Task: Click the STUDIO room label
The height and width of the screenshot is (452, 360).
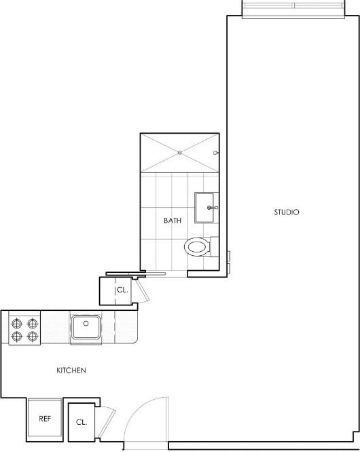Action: tap(287, 212)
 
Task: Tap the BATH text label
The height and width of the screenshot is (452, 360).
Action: tap(172, 221)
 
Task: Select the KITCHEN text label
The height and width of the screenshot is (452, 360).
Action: tap(71, 371)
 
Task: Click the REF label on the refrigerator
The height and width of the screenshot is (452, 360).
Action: tap(45, 419)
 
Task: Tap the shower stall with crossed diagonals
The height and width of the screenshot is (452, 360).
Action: tap(179, 153)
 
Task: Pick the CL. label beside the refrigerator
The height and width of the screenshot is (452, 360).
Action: tap(82, 422)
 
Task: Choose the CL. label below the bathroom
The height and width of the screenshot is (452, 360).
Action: tap(122, 290)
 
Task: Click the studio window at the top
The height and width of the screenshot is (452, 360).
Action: tap(294, 7)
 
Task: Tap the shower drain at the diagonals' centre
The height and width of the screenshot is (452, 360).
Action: tap(179, 153)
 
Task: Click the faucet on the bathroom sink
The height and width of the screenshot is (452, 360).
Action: tap(213, 207)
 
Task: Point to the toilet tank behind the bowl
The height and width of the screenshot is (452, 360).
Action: tap(215, 246)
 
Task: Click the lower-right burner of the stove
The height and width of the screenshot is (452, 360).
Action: tap(31, 335)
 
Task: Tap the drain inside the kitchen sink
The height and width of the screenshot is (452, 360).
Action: tap(86, 324)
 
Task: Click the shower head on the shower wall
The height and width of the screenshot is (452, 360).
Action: tap(215, 153)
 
